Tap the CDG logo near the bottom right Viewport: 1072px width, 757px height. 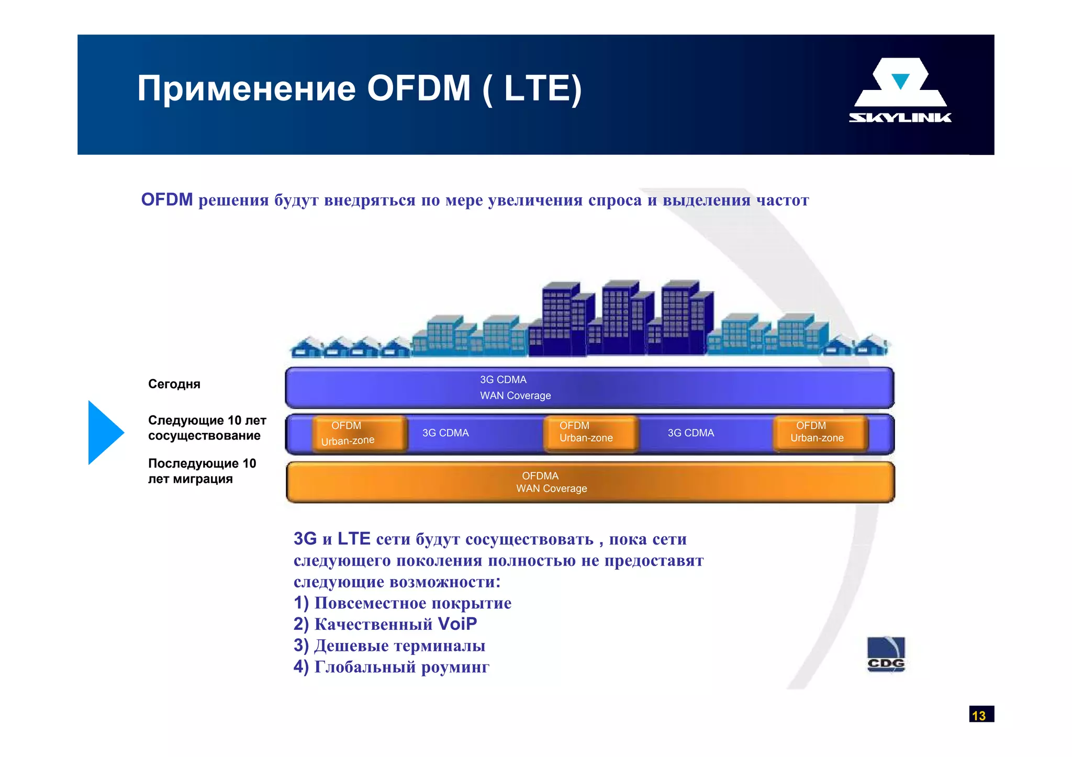tap(886, 654)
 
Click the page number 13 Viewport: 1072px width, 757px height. tap(980, 715)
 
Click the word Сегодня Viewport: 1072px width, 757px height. tap(174, 384)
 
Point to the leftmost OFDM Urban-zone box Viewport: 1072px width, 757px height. tap(359, 433)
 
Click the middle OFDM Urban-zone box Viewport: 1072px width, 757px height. tap(590, 433)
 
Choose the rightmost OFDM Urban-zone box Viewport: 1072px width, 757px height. tap(820, 433)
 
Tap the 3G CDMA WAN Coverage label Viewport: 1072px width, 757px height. tap(515, 388)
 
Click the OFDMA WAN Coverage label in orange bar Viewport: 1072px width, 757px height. tap(551, 482)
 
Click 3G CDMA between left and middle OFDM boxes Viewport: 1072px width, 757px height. tap(445, 433)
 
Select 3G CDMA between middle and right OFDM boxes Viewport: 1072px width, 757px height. tap(690, 433)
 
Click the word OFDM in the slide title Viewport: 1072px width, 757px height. tap(418, 88)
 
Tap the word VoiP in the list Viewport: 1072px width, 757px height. tap(457, 624)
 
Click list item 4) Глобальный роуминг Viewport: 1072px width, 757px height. tap(391, 667)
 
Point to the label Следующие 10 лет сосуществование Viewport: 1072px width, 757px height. tap(207, 428)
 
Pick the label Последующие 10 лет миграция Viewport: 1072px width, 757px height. tap(202, 471)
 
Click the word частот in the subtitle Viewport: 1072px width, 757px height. tap(783, 200)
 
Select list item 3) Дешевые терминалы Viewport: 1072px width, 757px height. tap(389, 646)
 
